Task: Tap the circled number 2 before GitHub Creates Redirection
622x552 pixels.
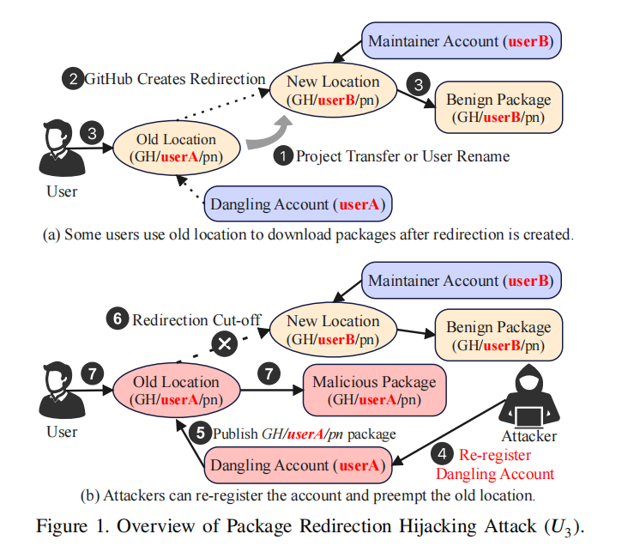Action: (x=72, y=80)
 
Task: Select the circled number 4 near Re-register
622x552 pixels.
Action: (x=443, y=453)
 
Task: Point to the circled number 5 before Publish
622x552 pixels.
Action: (x=202, y=433)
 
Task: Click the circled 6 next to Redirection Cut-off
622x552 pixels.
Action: (x=119, y=320)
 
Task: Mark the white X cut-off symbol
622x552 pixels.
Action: (x=225, y=345)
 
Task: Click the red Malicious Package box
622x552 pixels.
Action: (x=374, y=391)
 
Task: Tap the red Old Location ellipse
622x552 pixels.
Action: (x=177, y=391)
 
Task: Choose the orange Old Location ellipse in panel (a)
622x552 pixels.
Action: (x=177, y=148)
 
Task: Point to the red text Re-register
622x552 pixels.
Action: (x=495, y=454)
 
